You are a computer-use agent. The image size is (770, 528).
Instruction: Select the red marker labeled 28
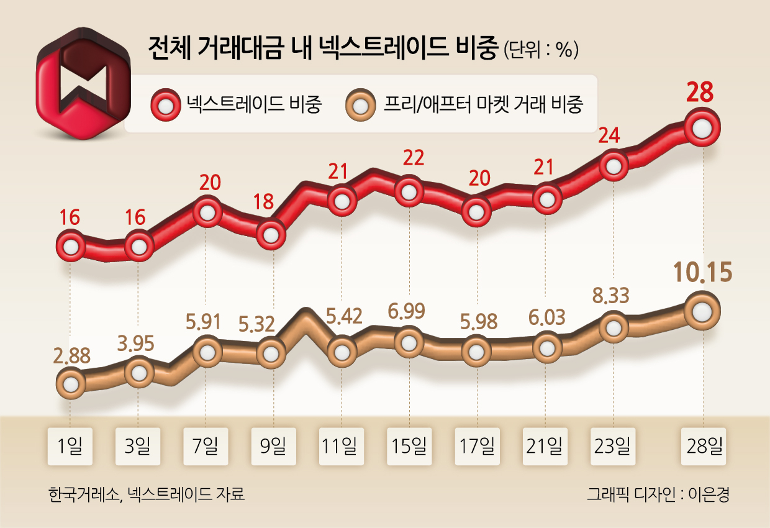click(x=702, y=129)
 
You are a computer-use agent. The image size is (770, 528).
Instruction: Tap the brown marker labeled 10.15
click(x=702, y=310)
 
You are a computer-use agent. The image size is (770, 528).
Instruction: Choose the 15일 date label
click(x=409, y=445)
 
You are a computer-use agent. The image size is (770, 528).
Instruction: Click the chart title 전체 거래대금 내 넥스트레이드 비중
click(x=323, y=48)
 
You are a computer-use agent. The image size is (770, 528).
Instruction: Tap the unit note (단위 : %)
click(x=542, y=50)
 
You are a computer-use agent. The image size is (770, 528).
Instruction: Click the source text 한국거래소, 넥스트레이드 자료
click(x=146, y=495)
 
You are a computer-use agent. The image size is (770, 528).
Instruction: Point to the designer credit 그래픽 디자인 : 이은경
click(x=658, y=495)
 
